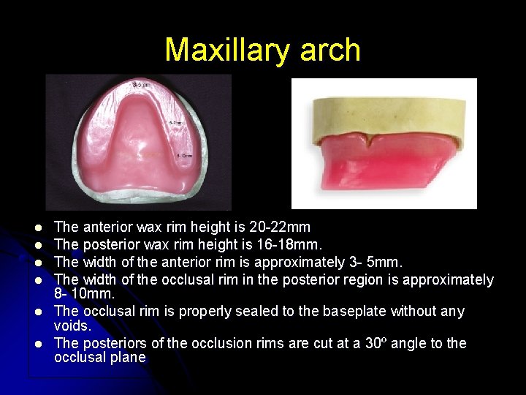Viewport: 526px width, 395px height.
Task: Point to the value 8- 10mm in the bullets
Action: click(83, 295)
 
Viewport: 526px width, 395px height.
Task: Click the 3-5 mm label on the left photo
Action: click(142, 86)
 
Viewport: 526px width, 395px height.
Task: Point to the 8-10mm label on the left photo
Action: click(183, 156)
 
